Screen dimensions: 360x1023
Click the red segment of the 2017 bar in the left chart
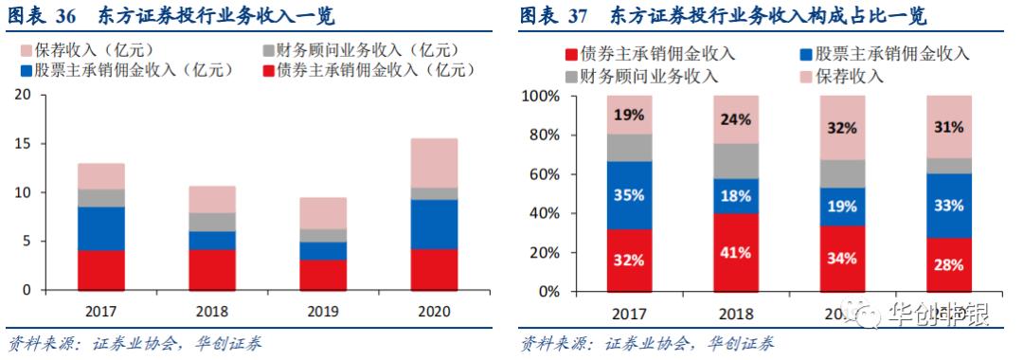click(101, 270)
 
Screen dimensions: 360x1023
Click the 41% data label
click(736, 253)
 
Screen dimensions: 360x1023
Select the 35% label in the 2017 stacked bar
click(630, 196)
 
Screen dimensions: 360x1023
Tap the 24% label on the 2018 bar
click(736, 120)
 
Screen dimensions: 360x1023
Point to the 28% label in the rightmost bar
click(948, 262)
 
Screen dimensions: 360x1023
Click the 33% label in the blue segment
click(948, 205)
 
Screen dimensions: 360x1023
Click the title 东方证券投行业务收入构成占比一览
click(768, 16)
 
